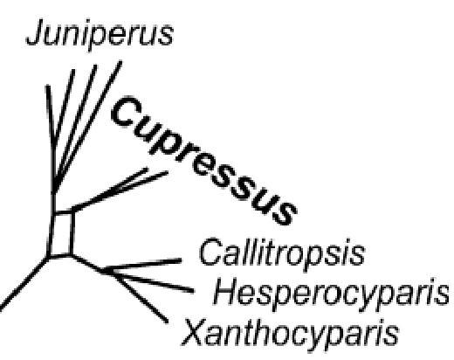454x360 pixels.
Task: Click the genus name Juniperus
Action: pyautogui.click(x=100, y=35)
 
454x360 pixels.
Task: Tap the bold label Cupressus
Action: pyautogui.click(x=203, y=161)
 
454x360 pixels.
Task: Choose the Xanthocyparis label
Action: pyautogui.click(x=290, y=333)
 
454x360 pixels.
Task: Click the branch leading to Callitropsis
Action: pyautogui.click(x=141, y=266)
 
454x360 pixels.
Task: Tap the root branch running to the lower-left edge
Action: pyautogui.click(x=24, y=283)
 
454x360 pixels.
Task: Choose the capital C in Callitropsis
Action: pyautogui.click(x=212, y=252)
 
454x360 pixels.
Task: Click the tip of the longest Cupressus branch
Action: pyautogui.click(x=168, y=172)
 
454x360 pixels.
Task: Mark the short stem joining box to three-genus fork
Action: pyautogui.click(x=86, y=263)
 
